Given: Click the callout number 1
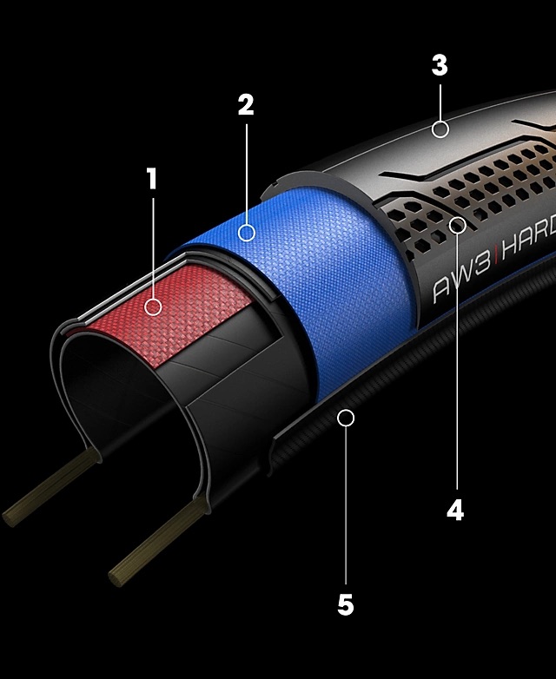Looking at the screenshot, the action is [153, 180].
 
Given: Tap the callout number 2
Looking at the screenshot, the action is [246, 105].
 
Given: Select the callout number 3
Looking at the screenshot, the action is [440, 66].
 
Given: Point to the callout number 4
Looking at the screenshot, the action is [455, 511].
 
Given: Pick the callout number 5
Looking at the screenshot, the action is [346, 604].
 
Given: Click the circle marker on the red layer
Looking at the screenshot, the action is [154, 307].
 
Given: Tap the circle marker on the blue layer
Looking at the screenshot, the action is [247, 233].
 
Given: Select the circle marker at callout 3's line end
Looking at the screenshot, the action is [440, 129].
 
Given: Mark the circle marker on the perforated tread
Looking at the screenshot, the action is [457, 225].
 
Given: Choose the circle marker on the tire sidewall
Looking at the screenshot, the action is [346, 419].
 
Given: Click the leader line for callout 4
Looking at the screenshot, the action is [456, 365].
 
